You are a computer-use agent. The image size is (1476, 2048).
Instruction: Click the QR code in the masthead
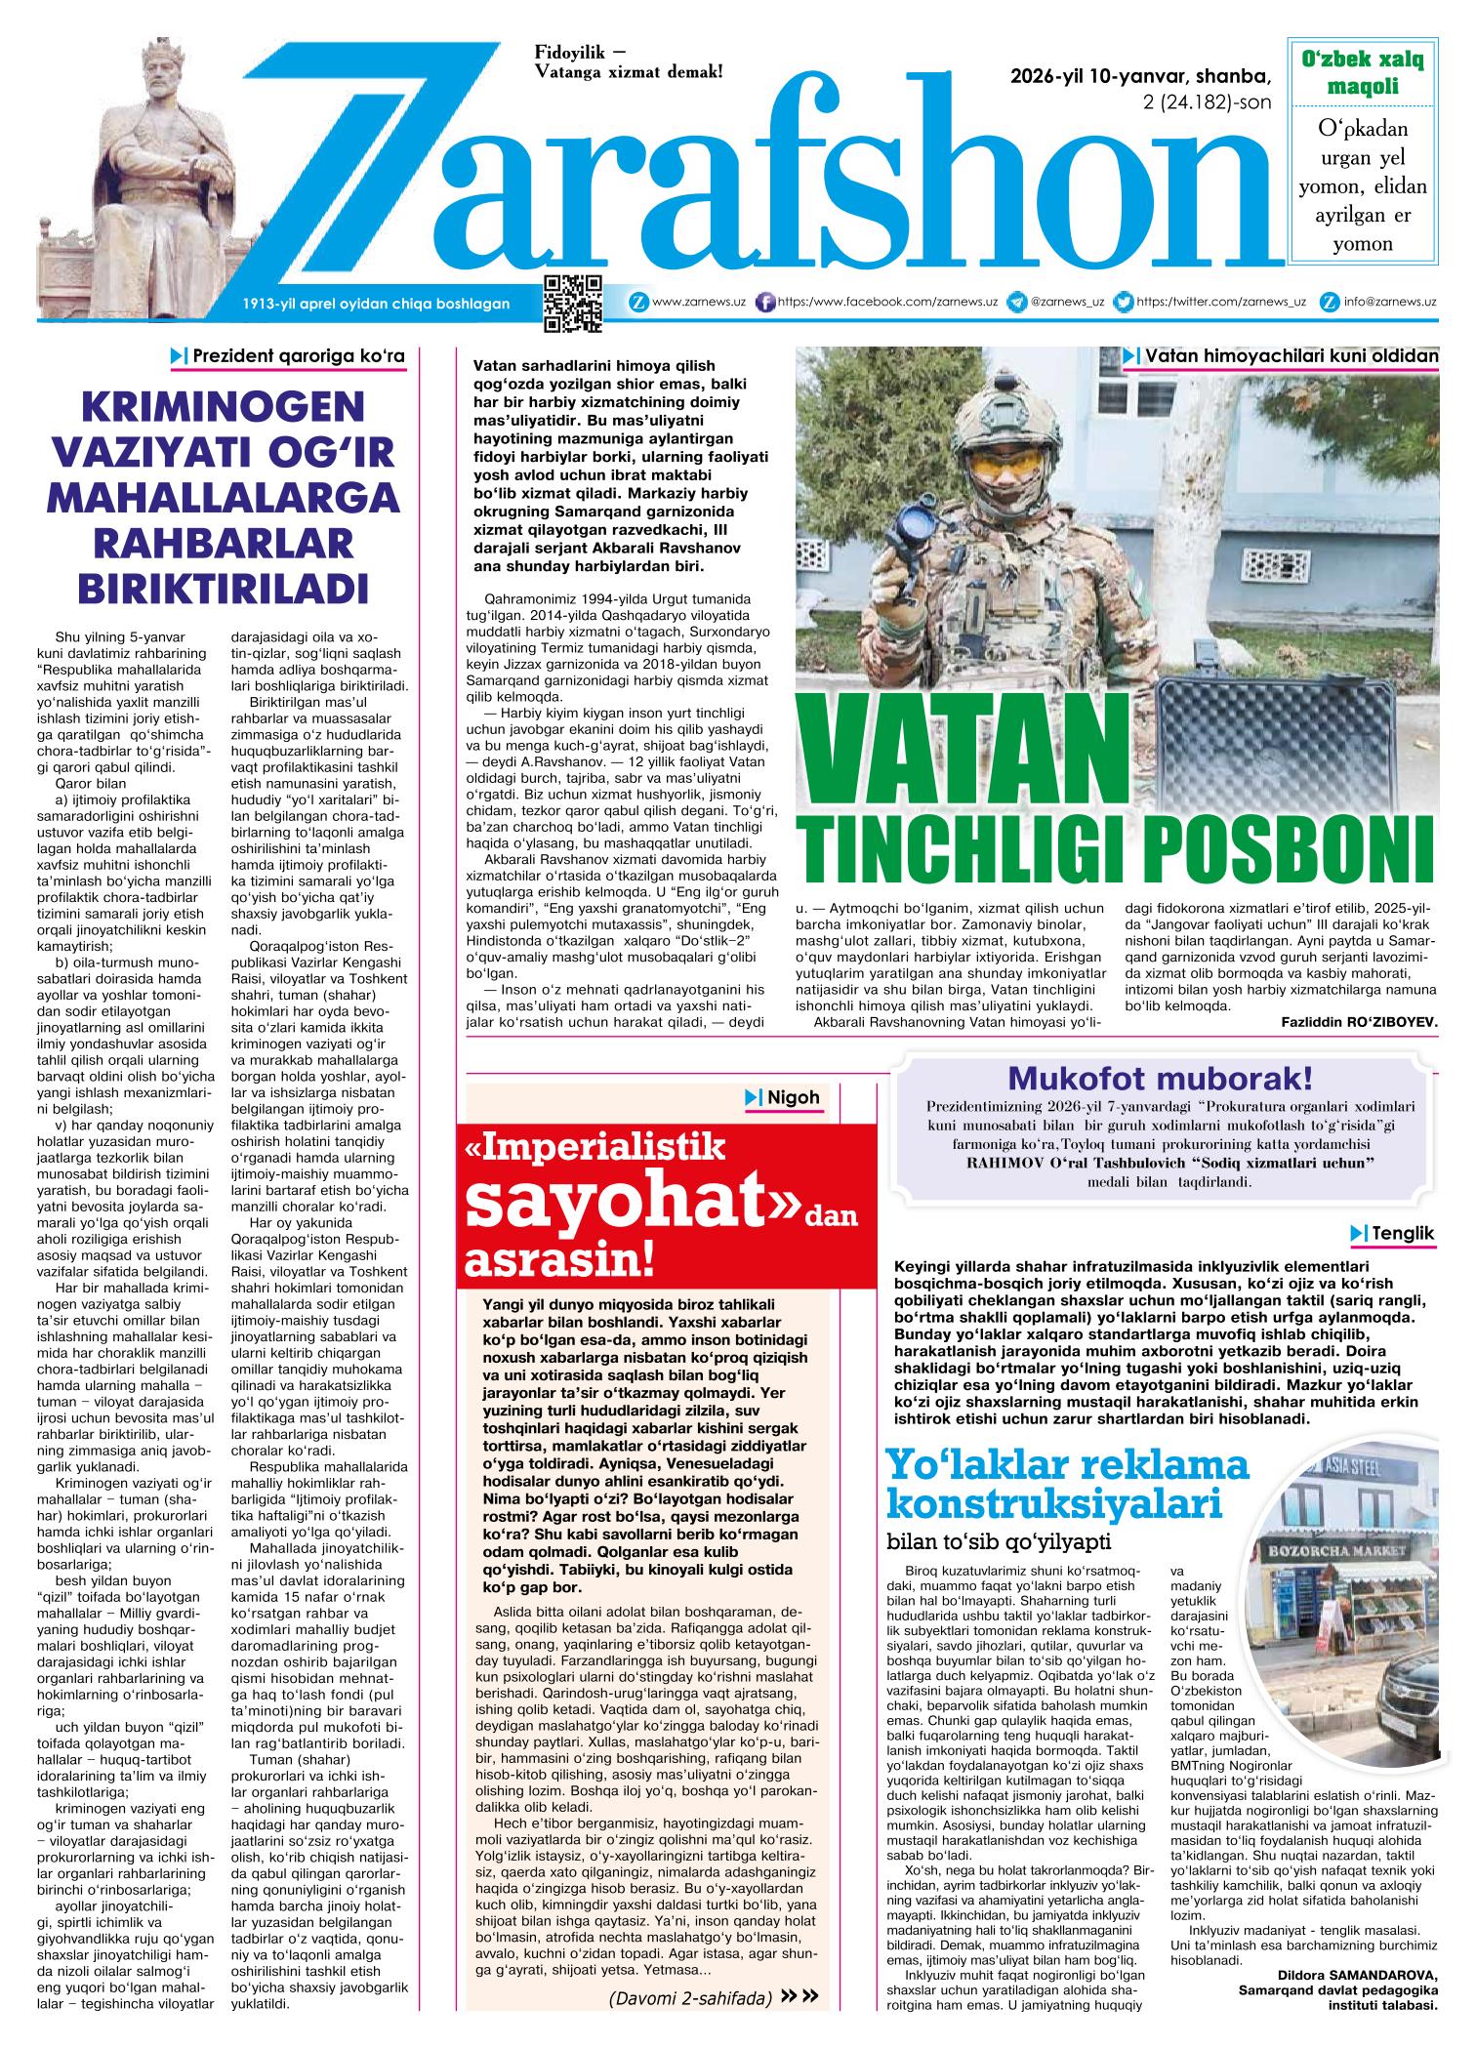(573, 304)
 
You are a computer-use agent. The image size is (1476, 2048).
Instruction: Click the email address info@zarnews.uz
(1389, 302)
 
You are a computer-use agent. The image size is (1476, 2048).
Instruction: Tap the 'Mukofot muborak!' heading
(1160, 1080)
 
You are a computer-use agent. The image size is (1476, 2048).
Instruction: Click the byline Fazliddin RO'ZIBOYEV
(1359, 1021)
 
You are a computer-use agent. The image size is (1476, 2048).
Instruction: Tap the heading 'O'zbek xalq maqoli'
(1363, 73)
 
